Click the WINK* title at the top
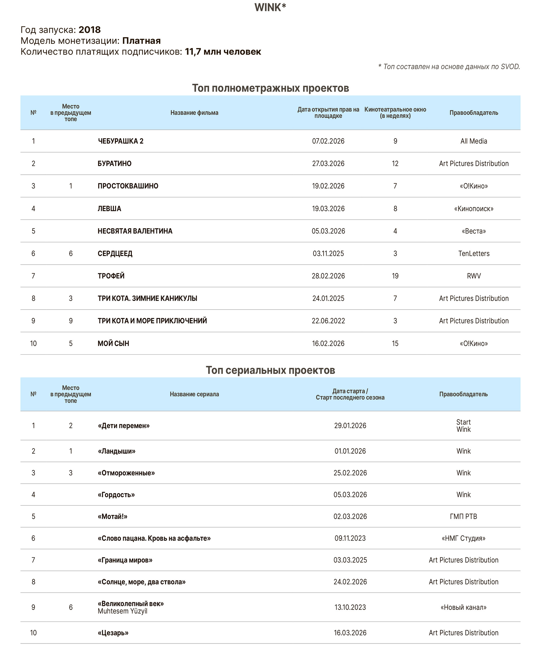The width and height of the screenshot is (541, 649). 270,7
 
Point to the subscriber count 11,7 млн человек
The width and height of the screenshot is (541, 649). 223,52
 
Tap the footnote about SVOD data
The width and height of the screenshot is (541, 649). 449,66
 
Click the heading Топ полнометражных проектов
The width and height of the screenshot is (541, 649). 270,88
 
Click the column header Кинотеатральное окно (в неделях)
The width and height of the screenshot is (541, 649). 395,112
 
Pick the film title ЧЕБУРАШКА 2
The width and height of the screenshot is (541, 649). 121,141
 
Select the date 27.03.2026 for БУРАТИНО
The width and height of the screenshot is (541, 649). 328,163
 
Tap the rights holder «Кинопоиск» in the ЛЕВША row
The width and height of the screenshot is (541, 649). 474,209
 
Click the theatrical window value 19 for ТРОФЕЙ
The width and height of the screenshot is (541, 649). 395,276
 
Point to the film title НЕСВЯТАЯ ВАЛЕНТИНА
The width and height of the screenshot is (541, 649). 135,231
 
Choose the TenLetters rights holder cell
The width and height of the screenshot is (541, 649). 474,254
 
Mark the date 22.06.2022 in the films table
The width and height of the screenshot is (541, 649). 328,321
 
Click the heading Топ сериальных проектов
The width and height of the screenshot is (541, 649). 270,370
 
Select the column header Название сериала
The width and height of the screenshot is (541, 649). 194,394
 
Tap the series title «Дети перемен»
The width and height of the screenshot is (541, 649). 124,426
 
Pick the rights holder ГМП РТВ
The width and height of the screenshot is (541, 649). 463,516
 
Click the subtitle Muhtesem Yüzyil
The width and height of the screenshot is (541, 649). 123,611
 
